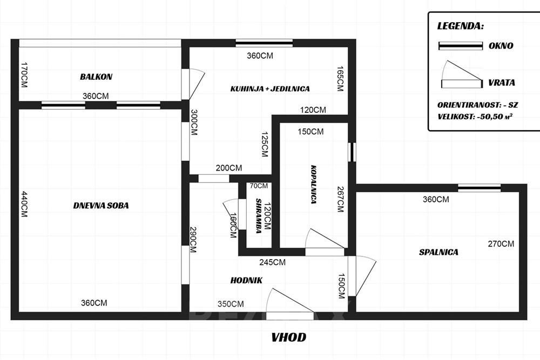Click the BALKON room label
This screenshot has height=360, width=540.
point(96,77)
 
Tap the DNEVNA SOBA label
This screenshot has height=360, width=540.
point(101,206)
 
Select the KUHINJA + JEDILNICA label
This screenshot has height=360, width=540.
point(270,89)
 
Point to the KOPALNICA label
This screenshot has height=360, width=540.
point(313,184)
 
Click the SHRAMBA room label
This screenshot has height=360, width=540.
point(258,216)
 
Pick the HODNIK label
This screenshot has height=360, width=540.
point(246,280)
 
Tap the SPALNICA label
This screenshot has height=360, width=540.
point(438,252)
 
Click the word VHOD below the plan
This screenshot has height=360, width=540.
point(288,337)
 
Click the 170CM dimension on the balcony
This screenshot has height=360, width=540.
point(24,74)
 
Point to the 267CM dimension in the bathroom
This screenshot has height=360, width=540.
point(340,199)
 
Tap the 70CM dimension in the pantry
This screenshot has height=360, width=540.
point(259,186)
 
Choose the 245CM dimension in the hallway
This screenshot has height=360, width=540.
point(272,262)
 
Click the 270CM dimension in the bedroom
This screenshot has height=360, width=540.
point(501,243)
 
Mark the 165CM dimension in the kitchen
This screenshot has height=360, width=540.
point(340,78)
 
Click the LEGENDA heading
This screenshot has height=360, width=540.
point(460,26)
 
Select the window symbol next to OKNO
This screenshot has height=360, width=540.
point(461,46)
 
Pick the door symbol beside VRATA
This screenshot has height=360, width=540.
point(462,75)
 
